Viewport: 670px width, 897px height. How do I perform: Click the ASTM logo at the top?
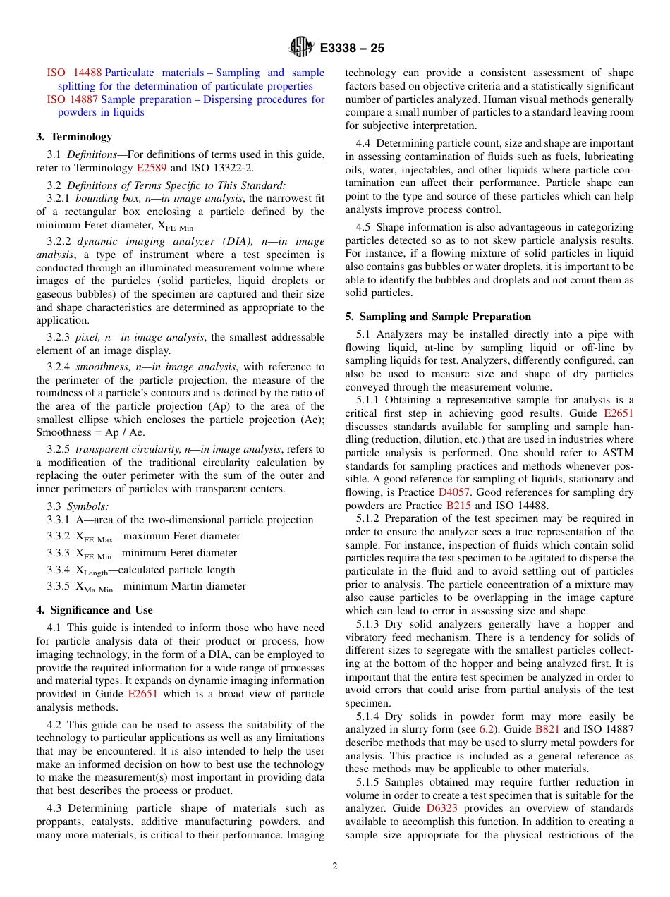[300, 48]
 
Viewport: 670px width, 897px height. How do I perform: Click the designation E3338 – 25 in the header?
[352, 49]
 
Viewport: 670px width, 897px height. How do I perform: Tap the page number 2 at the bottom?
[335, 867]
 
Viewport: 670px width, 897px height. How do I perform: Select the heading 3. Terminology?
[74, 137]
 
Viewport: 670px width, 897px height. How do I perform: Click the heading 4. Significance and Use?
[95, 610]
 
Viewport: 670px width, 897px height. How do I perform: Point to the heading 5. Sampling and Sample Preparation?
[438, 317]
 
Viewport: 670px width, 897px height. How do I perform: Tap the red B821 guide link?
[547, 730]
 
